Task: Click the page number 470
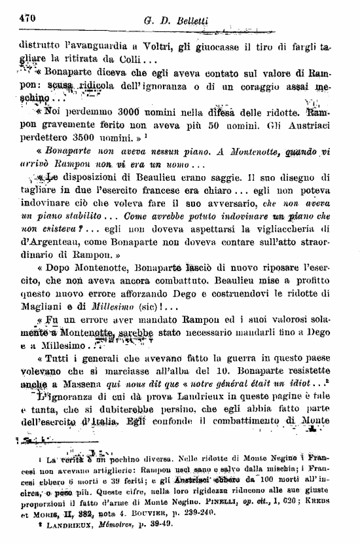pos(25,18)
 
